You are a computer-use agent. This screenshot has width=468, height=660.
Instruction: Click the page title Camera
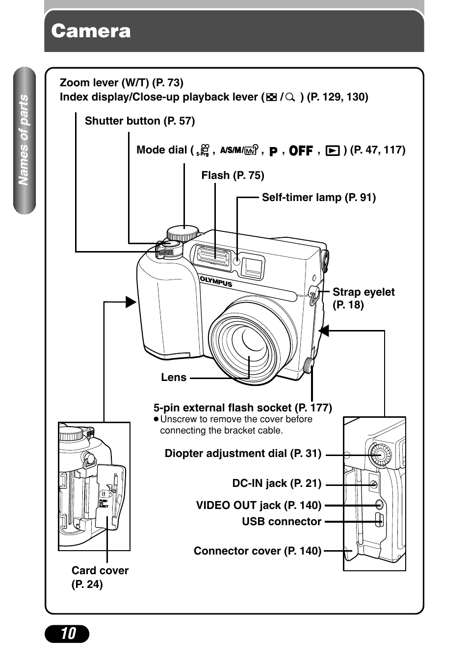(91, 31)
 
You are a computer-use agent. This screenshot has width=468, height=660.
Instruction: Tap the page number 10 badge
(67, 634)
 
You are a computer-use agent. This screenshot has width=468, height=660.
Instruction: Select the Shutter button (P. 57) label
(140, 121)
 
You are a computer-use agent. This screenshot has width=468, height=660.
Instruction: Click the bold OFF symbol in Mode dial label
(301, 151)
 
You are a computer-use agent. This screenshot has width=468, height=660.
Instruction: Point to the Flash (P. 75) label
(233, 176)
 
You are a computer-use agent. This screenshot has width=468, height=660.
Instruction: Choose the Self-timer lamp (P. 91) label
(318, 198)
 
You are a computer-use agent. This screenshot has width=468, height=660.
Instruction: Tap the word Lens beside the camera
(174, 378)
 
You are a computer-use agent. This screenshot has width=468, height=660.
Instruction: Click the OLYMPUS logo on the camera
(216, 281)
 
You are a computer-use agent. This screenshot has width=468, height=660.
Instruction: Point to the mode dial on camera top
(182, 232)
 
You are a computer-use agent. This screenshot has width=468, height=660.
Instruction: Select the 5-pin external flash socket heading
(242, 408)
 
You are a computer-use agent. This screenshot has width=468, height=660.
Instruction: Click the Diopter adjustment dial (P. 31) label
(243, 454)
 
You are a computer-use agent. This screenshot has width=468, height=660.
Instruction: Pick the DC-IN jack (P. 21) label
(277, 483)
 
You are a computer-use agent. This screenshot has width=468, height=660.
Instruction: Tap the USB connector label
(282, 522)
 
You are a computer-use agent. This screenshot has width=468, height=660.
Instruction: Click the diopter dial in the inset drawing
(379, 455)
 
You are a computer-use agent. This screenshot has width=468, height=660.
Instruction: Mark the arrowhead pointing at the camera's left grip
(130, 302)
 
